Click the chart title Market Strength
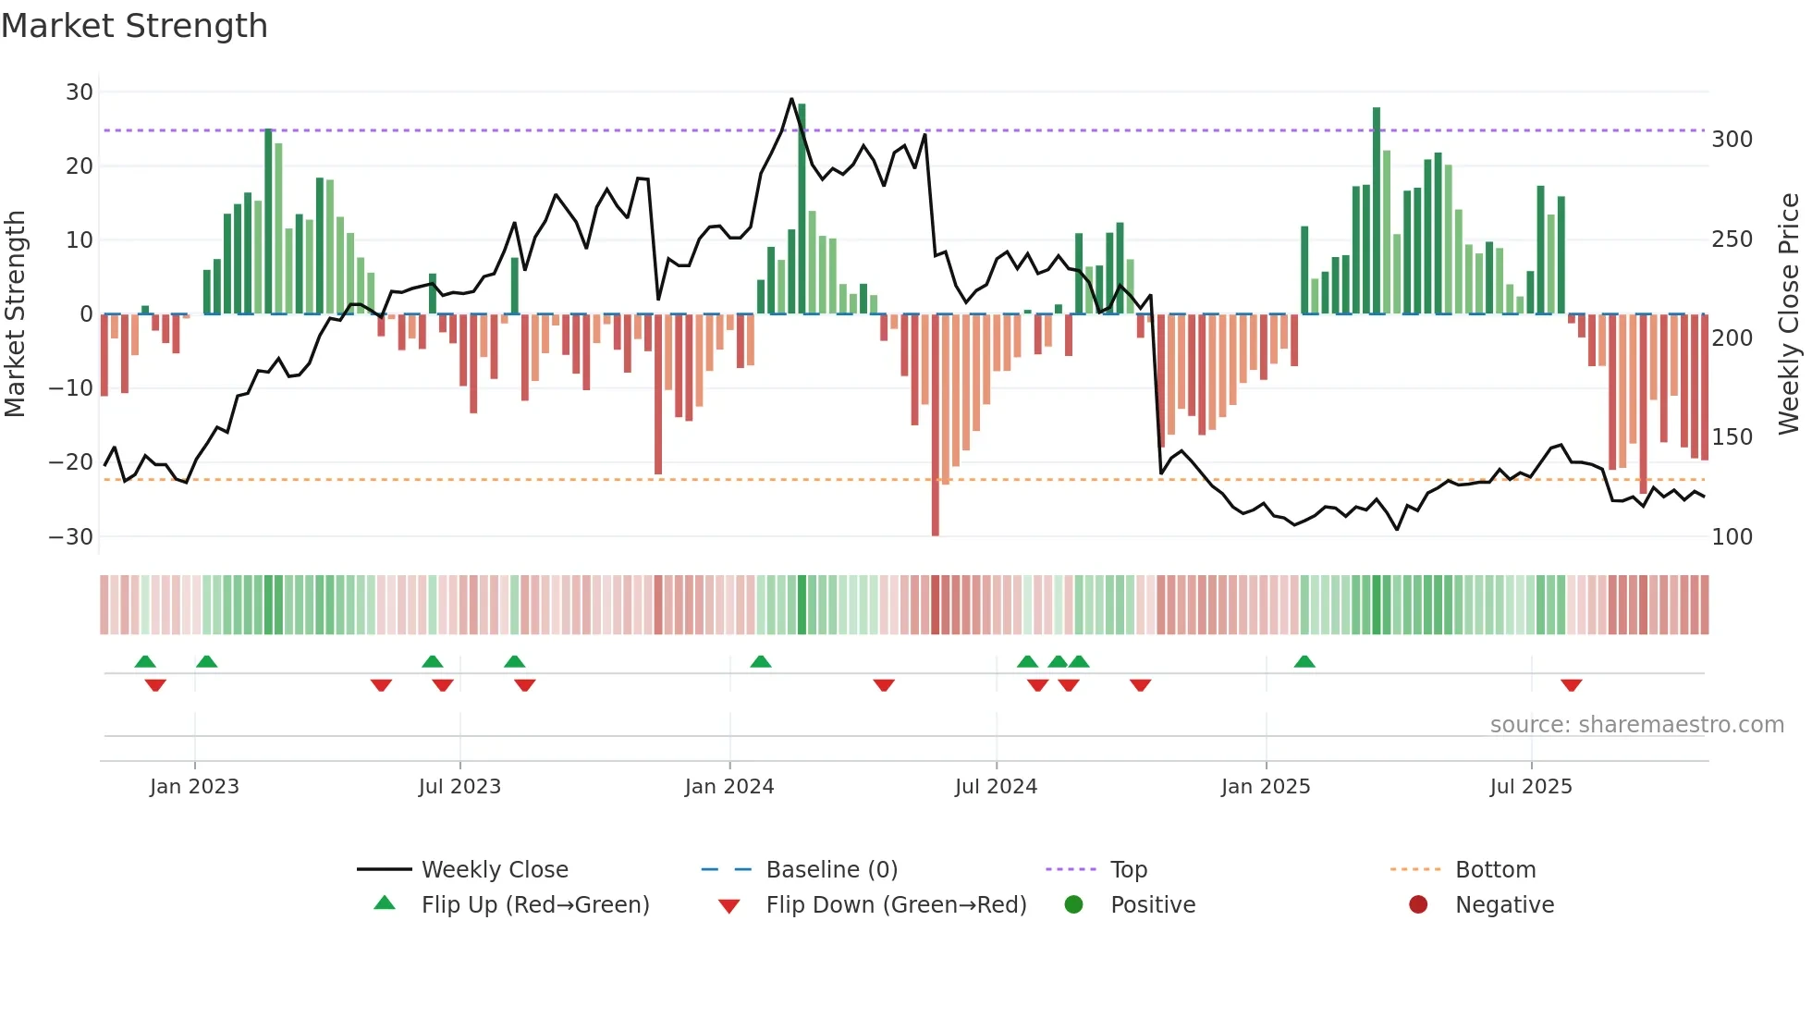[134, 26]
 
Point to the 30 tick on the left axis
[80, 92]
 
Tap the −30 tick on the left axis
[71, 536]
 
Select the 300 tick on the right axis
[1732, 140]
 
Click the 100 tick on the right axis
[1732, 536]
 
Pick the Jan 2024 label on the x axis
[729, 787]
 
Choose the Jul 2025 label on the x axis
[1531, 787]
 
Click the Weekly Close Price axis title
[1789, 314]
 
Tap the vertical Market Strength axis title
[16, 314]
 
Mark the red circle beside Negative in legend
[1418, 905]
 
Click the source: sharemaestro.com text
[1636, 725]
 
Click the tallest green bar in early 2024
[802, 208]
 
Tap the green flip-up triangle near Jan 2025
[1304, 662]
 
